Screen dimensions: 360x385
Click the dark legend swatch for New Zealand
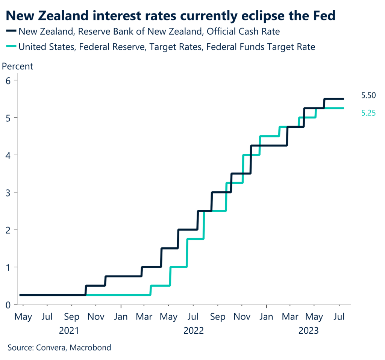pos(11,32)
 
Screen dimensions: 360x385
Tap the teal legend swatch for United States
pos(11,47)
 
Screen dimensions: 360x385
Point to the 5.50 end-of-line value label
pos(369,96)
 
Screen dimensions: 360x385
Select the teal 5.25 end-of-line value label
pos(369,113)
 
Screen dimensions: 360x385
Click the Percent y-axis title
pos(18,67)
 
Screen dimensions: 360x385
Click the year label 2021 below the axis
pos(70,331)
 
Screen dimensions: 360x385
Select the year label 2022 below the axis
pos(194,331)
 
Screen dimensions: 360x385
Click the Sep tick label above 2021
pos(72,317)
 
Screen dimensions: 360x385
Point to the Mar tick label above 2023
pos(291,317)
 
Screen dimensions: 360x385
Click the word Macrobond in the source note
pos(93,347)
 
